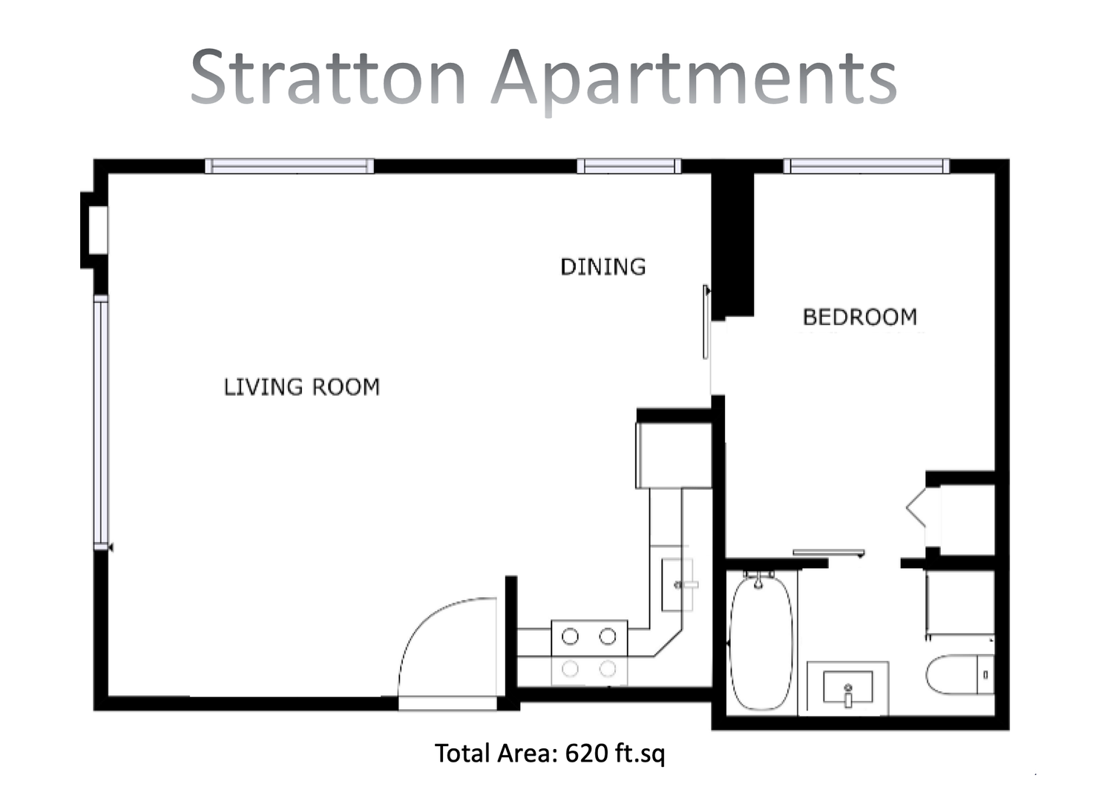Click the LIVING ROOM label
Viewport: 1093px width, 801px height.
pos(301,387)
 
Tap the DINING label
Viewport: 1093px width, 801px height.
pos(603,267)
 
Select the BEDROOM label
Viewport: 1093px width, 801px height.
pos(860,317)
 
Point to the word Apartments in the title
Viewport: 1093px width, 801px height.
pos(694,81)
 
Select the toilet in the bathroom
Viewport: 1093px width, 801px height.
pos(959,675)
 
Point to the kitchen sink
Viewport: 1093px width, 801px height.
pos(677,584)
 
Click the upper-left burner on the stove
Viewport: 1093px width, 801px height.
pos(570,636)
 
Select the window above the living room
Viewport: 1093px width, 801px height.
pos(289,166)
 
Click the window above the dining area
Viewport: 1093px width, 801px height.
pos(628,166)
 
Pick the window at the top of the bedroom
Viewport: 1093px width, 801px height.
pos(866,166)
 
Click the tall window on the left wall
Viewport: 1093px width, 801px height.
pos(100,422)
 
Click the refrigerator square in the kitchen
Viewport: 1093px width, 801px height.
pos(673,455)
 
